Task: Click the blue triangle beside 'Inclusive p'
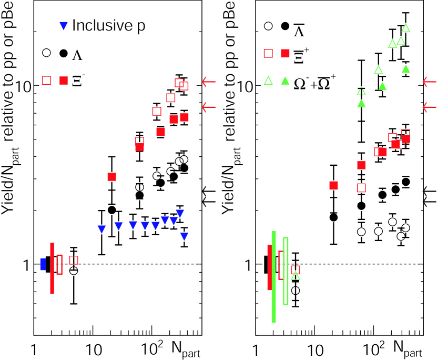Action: coord(63,25)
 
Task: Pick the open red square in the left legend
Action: coord(47,80)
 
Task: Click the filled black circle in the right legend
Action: coord(286,26)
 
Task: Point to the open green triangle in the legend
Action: coord(268,81)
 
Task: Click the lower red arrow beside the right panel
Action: coord(429,107)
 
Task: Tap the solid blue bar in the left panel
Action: coord(43,264)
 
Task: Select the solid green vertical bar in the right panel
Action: coord(274,276)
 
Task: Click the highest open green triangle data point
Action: coord(405,28)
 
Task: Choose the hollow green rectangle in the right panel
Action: coord(286,271)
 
